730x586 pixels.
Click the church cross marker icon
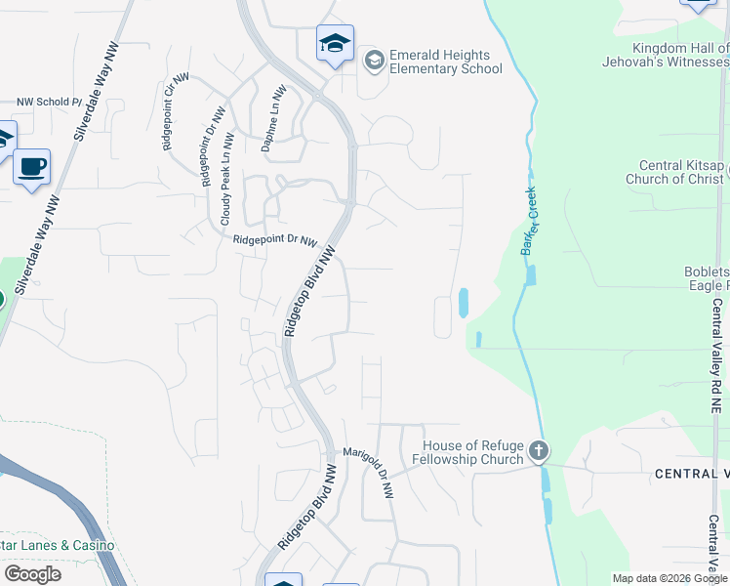540,452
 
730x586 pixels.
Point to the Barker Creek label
529,222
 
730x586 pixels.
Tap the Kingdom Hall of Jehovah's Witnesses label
680,55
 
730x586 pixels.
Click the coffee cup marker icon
32,166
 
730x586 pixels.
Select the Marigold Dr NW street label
368,473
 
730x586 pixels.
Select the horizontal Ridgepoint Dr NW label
275,240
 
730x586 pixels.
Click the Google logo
33,573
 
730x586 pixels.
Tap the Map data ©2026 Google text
669,578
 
